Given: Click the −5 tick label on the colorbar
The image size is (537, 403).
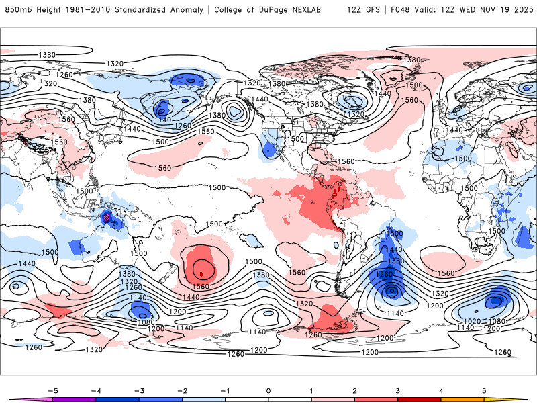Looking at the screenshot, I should coord(52,390).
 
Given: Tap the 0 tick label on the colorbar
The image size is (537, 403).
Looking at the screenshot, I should coord(268,390).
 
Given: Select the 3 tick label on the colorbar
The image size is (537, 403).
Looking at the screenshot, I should coord(398,390).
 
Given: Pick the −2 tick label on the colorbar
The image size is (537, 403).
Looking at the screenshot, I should coord(182,390).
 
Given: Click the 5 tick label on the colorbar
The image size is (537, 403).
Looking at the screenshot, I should coord(485,390).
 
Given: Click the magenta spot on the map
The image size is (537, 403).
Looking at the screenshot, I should coord(106,218).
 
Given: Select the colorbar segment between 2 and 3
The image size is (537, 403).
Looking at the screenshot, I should coord(376,400).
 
